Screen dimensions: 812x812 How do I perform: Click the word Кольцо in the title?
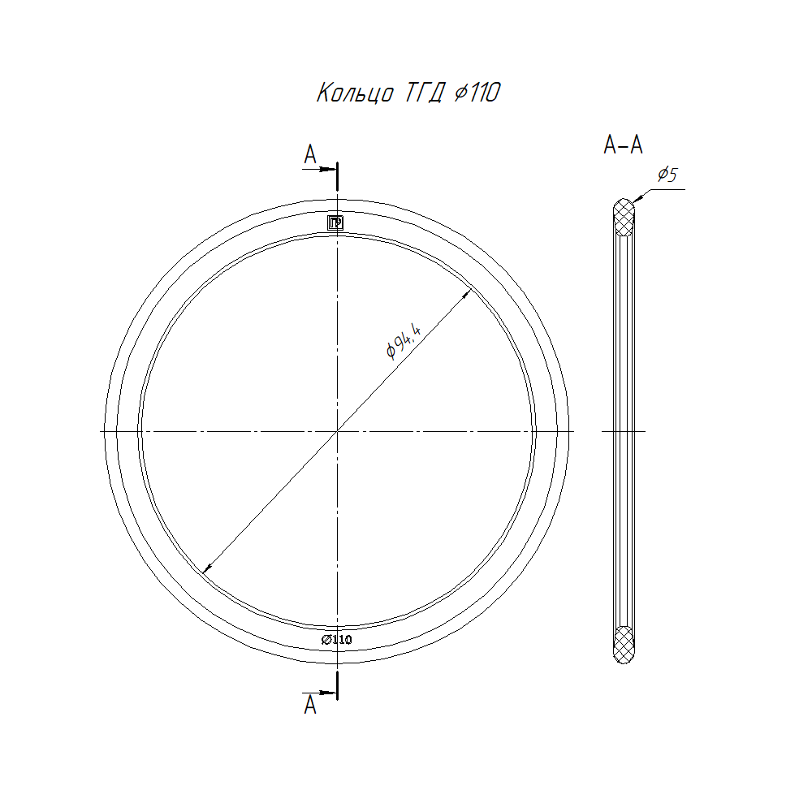[x=356, y=93]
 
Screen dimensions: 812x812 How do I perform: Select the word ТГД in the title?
[x=424, y=93]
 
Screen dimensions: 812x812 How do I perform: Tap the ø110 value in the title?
[x=477, y=93]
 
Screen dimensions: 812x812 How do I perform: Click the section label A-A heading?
[x=623, y=145]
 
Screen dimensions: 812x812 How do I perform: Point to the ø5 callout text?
[x=667, y=175]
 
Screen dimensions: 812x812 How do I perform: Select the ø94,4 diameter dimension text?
[x=404, y=340]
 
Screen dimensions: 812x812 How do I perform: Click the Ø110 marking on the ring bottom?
[x=337, y=640]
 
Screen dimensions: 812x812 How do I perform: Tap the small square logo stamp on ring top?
[x=335, y=222]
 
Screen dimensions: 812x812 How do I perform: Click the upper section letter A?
[x=309, y=154]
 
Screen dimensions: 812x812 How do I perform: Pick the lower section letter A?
[x=309, y=705]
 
